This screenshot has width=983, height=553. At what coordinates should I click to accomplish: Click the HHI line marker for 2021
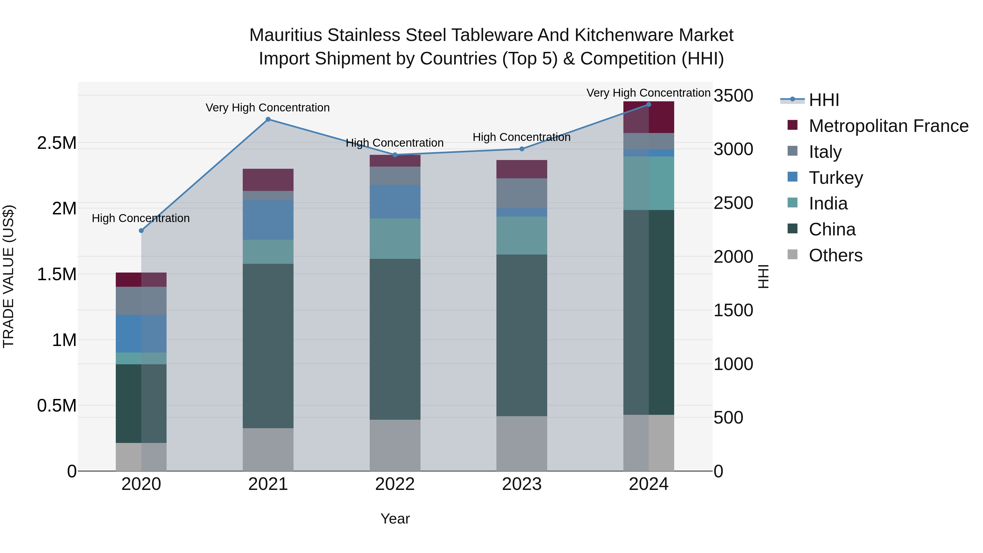pos(268,119)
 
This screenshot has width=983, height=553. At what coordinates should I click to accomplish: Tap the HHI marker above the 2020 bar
pos(141,230)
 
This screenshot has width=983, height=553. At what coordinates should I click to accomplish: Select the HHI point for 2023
pos(522,149)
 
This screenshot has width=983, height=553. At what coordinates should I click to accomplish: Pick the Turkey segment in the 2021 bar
pos(268,220)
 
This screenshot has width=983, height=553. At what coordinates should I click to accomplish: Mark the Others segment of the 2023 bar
pos(522,443)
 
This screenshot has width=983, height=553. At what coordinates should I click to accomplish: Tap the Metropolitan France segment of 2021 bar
pos(268,180)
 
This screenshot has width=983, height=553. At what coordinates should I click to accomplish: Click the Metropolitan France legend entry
pos(888,126)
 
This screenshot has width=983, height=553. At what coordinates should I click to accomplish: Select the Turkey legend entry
pos(836,178)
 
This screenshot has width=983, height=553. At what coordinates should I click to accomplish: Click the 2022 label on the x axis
pos(395,484)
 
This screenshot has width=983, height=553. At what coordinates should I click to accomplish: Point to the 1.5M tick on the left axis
pos(57,274)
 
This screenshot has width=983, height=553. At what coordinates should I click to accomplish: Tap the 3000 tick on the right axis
pos(733,149)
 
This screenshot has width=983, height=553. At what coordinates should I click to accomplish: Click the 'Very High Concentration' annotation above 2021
pos(268,108)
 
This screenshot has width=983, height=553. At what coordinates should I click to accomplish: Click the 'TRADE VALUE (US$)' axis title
pos(8,276)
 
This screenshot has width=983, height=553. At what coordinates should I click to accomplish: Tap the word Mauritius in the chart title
pos(286,35)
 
